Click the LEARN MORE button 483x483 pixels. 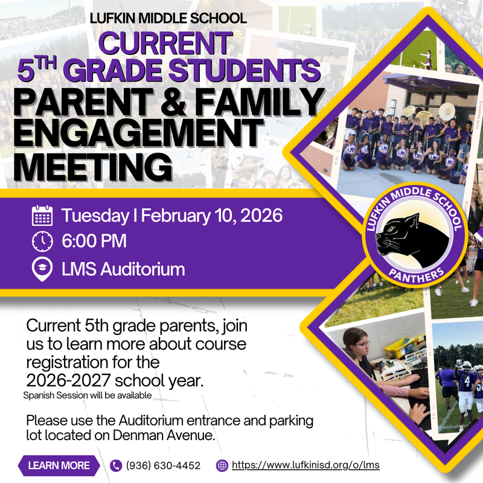pos(59,465)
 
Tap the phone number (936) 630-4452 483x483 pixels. pos(162,465)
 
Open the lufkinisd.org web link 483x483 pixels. pos(305,465)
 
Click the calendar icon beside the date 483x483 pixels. pos(42,216)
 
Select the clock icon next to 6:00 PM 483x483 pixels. pos(42,241)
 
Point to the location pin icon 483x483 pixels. pos(42,269)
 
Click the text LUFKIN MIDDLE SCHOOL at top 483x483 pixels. pos(168,18)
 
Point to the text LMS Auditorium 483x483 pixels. pos(123,269)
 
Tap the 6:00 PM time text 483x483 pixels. pos(94,241)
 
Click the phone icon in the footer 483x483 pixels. pos(117,465)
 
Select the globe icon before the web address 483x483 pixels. pos(222,465)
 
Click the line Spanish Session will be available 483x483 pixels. pos(87,395)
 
